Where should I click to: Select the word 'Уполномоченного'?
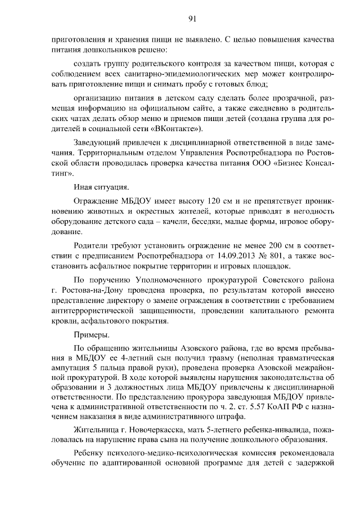coord(170,280)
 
